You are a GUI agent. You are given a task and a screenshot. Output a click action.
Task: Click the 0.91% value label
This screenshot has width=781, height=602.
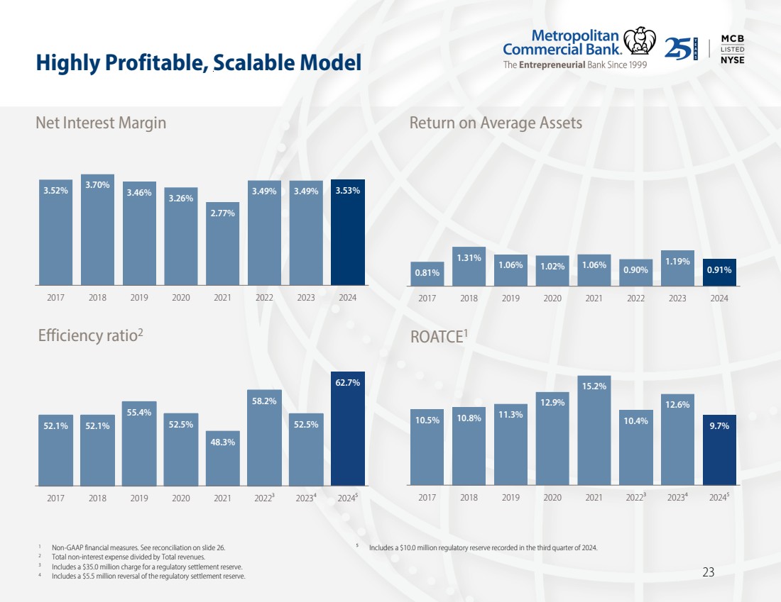(x=719, y=270)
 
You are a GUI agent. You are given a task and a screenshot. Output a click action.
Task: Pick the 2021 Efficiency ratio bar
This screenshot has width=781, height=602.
(x=223, y=458)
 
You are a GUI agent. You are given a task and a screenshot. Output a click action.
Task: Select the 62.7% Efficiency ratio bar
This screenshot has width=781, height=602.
(x=348, y=429)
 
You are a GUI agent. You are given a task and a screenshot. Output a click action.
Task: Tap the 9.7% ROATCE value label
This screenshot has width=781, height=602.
(x=719, y=426)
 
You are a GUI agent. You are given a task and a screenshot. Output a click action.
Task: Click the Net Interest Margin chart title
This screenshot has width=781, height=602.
(x=101, y=123)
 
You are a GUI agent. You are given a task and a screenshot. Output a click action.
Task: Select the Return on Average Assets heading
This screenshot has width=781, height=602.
(x=496, y=123)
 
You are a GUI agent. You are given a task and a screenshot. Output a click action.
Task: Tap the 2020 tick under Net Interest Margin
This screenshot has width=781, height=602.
(x=181, y=298)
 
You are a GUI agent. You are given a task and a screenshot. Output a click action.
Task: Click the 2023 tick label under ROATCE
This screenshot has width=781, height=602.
(x=677, y=498)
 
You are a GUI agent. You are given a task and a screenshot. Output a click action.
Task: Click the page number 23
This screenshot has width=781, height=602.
(x=708, y=572)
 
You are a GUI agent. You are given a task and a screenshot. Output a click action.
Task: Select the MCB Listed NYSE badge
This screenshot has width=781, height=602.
(x=732, y=48)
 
